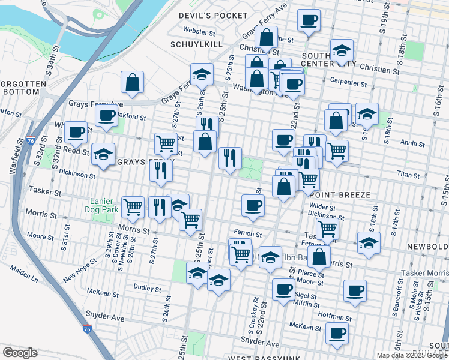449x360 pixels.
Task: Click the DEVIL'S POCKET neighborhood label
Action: (213, 15)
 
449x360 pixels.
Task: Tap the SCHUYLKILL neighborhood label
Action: (196, 44)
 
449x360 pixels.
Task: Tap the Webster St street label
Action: (199, 31)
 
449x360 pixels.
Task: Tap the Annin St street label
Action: (412, 144)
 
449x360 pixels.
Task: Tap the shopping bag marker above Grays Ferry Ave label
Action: (132, 82)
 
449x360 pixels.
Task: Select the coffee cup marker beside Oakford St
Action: (106, 115)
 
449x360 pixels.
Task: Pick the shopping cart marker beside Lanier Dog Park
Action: (133, 208)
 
